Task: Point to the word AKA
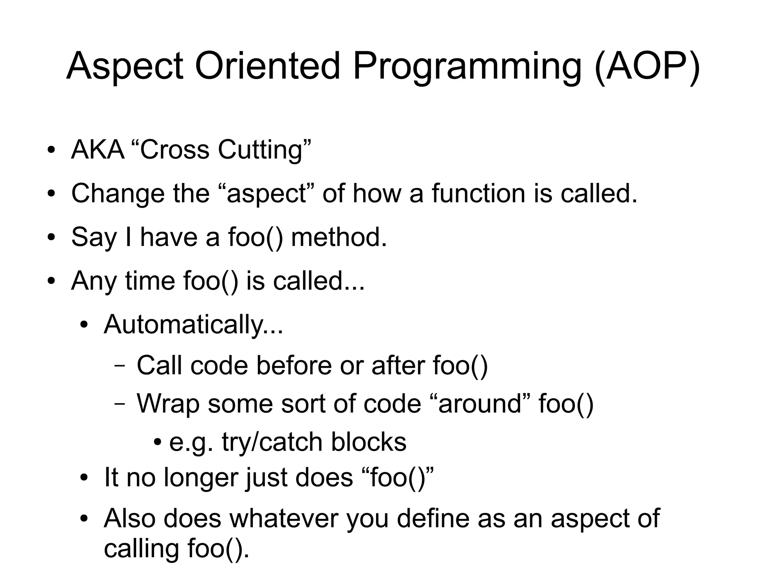[x=98, y=150]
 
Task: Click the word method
[x=338, y=237]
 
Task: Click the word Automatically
[x=193, y=324]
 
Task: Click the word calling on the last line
[x=142, y=549]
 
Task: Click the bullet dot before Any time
[x=51, y=281]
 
